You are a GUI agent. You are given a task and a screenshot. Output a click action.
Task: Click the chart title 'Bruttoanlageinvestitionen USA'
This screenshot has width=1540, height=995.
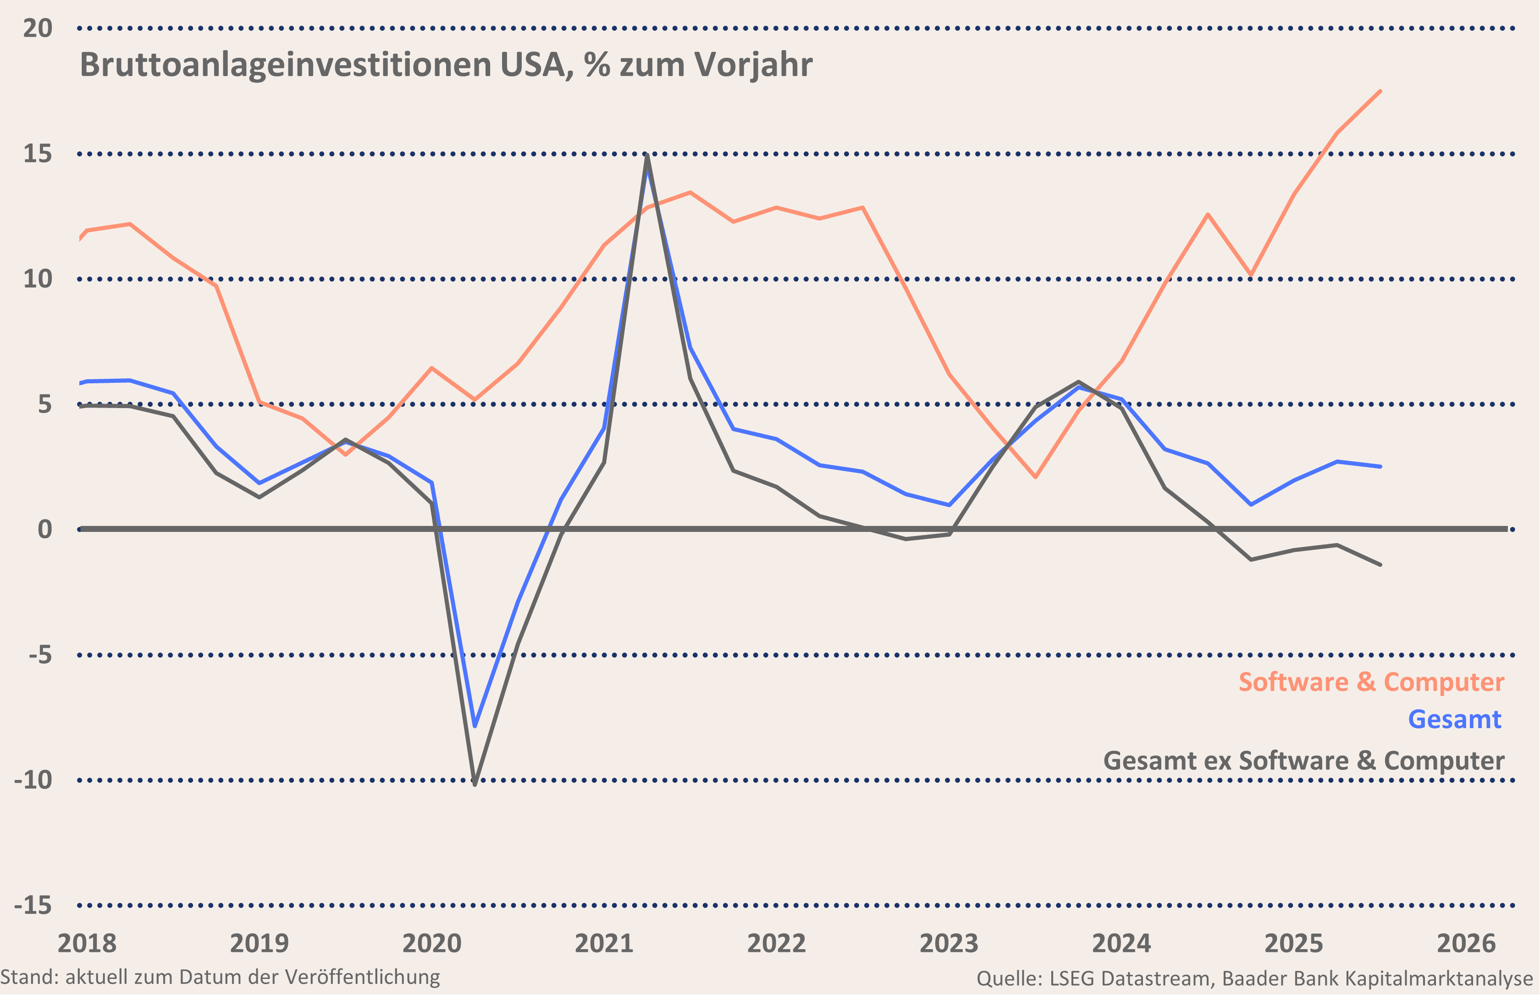(446, 65)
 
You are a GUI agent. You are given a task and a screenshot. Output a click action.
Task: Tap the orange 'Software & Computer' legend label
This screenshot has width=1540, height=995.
(1371, 682)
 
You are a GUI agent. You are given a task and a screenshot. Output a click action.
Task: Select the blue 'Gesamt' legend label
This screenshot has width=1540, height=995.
(1454, 719)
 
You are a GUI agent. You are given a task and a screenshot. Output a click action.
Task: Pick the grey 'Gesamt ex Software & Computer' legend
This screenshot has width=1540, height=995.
(1303, 760)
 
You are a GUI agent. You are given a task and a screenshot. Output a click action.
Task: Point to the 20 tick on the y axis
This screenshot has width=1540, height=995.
(38, 28)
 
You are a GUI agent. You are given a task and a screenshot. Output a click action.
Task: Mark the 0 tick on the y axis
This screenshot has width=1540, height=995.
(44, 530)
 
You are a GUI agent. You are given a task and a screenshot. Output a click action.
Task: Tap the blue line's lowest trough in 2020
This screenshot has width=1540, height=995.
(475, 726)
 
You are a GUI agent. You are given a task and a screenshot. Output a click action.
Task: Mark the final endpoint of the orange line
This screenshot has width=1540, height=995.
(1380, 91)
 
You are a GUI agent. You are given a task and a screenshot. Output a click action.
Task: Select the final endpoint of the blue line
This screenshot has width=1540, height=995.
(1380, 466)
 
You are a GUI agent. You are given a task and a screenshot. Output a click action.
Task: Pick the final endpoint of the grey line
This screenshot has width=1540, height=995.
(1380, 565)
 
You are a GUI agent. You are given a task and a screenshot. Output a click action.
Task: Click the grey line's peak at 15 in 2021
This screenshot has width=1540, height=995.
(647, 155)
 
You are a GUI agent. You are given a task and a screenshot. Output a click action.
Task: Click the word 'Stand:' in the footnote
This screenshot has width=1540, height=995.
(29, 977)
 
